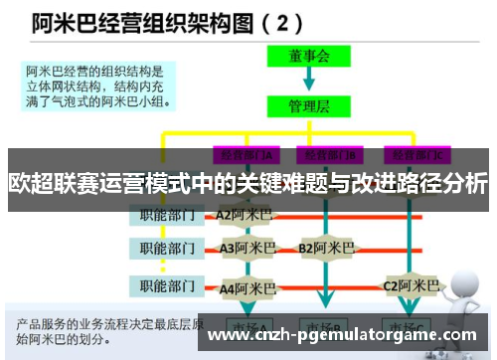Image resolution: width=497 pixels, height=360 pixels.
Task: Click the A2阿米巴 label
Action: pos(244,215)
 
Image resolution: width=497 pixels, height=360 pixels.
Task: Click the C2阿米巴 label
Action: pos(412,286)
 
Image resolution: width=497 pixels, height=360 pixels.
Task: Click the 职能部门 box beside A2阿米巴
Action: pos(165,215)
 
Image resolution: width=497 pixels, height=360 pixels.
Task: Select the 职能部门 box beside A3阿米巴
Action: pos(165,248)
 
